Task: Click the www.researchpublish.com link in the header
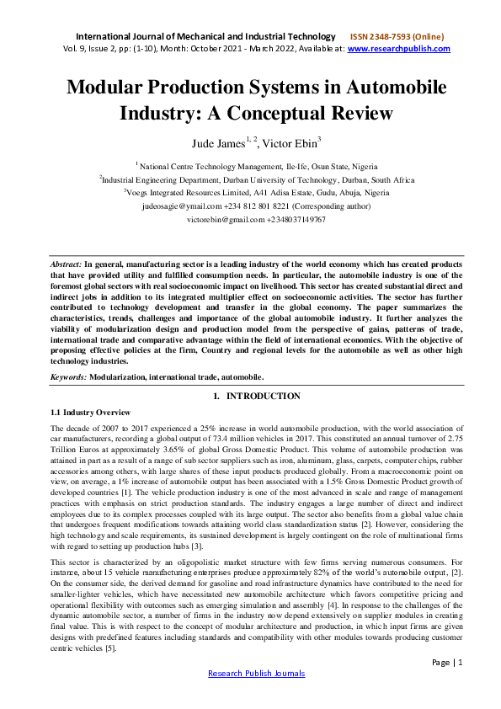click(398, 49)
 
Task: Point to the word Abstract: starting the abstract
click(68, 264)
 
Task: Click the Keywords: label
click(69, 376)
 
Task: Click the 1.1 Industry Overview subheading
click(91, 412)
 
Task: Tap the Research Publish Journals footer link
click(256, 673)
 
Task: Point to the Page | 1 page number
click(446, 662)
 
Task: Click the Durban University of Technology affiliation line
click(257, 179)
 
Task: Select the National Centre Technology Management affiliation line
click(257, 167)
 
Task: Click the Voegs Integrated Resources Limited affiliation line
click(257, 192)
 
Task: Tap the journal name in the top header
click(206, 36)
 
